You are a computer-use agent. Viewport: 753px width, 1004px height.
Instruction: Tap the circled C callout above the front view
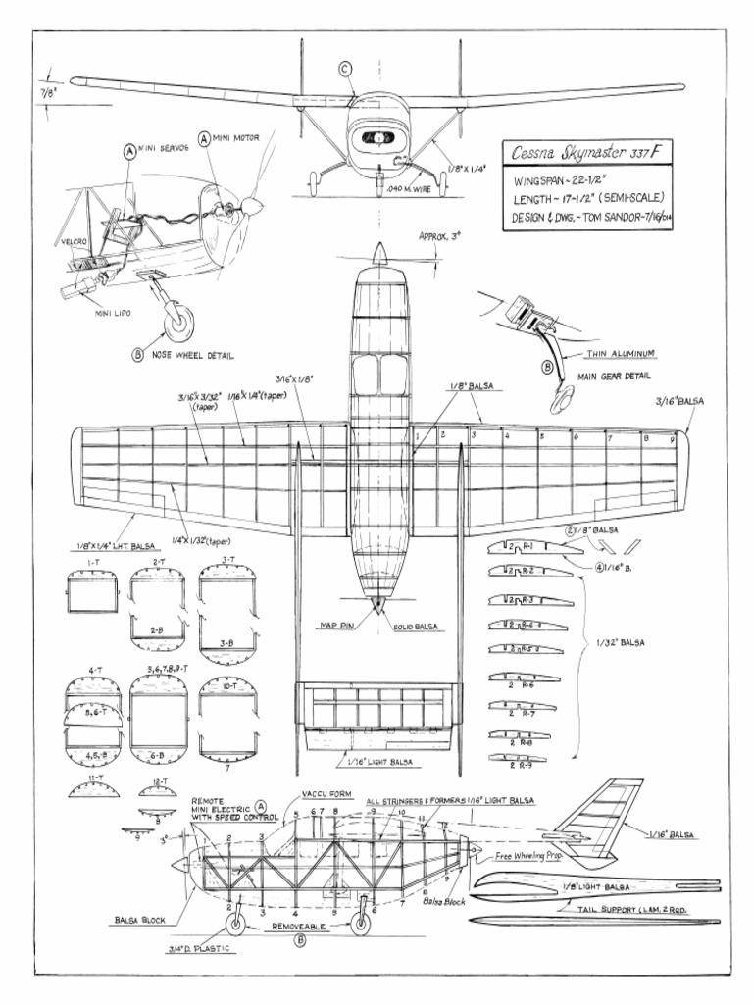pyautogui.click(x=345, y=68)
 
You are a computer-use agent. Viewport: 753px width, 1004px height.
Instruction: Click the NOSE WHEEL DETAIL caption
pyautogui.click(x=192, y=356)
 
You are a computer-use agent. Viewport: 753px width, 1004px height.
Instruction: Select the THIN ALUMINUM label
pyautogui.click(x=620, y=352)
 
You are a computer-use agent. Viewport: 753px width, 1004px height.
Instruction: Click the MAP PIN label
pyautogui.click(x=334, y=624)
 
